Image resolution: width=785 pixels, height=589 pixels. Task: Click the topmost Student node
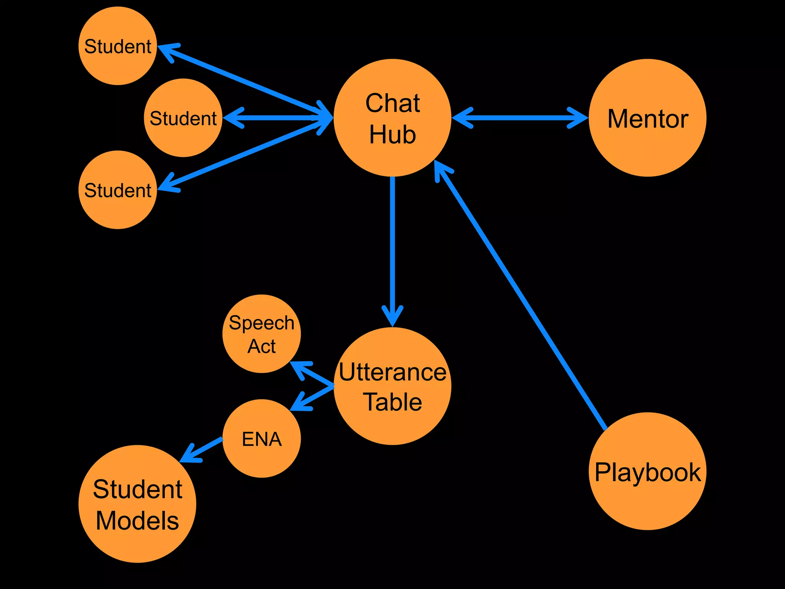(x=118, y=46)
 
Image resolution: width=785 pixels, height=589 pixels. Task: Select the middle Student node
(x=183, y=118)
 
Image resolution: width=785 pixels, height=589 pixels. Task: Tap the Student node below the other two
(x=118, y=190)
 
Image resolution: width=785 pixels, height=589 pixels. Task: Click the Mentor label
(x=648, y=118)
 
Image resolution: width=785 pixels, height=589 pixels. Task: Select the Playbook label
(x=648, y=472)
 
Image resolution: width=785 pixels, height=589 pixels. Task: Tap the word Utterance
(x=392, y=372)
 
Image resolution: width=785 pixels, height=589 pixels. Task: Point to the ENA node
(x=262, y=439)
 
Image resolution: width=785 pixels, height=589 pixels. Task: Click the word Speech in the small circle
(x=262, y=322)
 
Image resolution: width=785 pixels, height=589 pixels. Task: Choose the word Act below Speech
(x=262, y=346)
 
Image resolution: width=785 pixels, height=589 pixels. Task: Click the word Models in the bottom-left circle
(x=137, y=520)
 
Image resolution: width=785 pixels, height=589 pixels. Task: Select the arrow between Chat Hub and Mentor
(x=520, y=118)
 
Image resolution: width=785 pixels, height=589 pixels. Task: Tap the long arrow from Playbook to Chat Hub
(x=521, y=295)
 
